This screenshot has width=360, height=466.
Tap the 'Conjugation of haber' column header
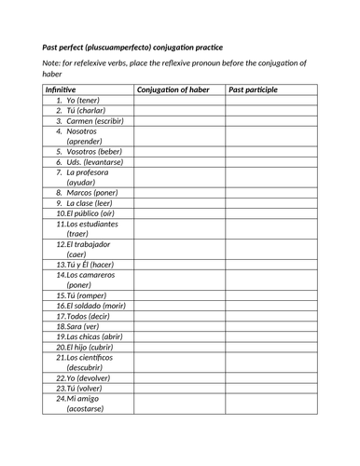pos(173,89)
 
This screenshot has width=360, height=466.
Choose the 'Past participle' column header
pos(253,89)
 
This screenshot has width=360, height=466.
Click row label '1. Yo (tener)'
pos(78,100)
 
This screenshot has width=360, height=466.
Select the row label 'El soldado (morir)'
pos(91,306)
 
